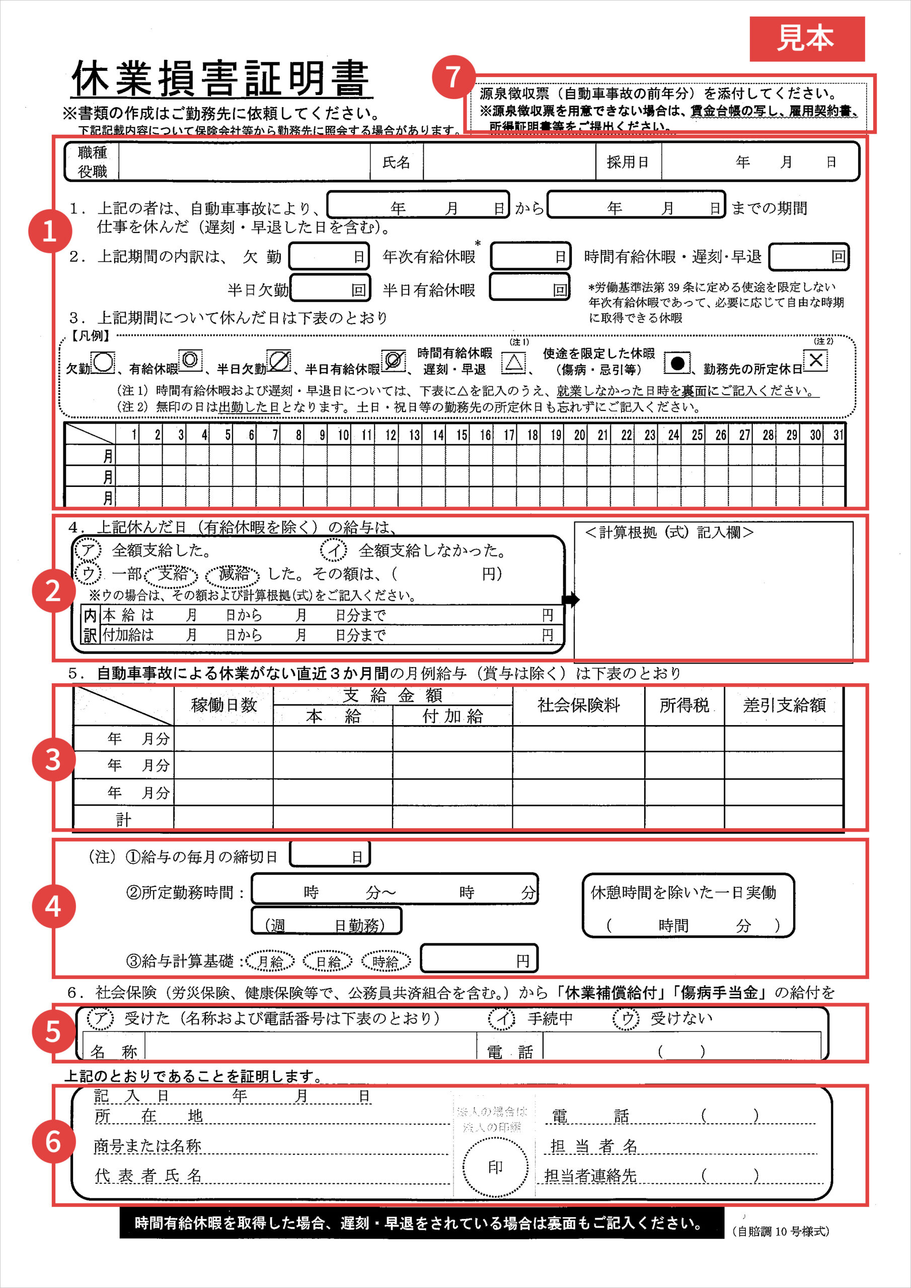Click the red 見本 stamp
pyautogui.click(x=807, y=39)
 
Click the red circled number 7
pyautogui.click(x=453, y=77)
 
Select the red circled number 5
pyautogui.click(x=53, y=1031)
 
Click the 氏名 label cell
pyautogui.click(x=396, y=162)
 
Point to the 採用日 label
pyautogui.click(x=628, y=162)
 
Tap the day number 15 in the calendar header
pyautogui.click(x=462, y=435)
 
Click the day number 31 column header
pyautogui.click(x=838, y=435)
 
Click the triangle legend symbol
pyautogui.click(x=513, y=363)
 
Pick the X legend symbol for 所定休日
pyautogui.click(x=815, y=360)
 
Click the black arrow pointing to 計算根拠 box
pyautogui.click(x=570, y=600)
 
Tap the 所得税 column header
pyautogui.click(x=684, y=705)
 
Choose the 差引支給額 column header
pyautogui.click(x=784, y=705)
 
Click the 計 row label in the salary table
pyautogui.click(x=123, y=820)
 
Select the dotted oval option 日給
pyautogui.click(x=328, y=962)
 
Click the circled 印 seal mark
pyautogui.click(x=495, y=1167)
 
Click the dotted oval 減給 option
pyautogui.click(x=233, y=574)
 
